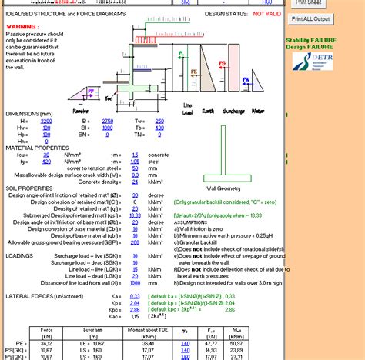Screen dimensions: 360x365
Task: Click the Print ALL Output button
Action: point(310,19)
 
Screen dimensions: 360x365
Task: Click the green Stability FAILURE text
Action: point(311,40)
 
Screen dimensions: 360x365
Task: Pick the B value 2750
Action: point(108,121)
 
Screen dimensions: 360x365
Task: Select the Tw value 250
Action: point(159,121)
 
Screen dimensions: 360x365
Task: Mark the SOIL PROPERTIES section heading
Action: point(29,188)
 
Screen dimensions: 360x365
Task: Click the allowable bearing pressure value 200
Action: point(135,242)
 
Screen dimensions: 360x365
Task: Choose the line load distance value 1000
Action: point(134,282)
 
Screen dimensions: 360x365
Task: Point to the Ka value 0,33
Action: point(135,295)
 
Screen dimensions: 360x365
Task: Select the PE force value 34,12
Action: point(45,344)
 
